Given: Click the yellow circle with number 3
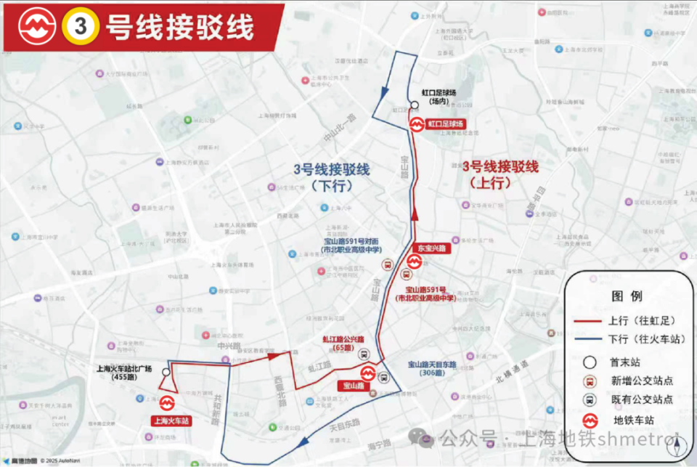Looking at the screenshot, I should pos(81,26).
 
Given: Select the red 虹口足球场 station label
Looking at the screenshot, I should pos(444,124).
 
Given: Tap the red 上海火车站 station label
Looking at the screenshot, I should pos(171,421).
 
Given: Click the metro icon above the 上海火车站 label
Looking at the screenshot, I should pos(168,402).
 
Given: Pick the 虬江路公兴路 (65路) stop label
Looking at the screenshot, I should pos(343,343).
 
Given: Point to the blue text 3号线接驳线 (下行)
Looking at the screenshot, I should pos(331,177).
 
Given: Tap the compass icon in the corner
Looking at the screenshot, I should pos(676,441).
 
